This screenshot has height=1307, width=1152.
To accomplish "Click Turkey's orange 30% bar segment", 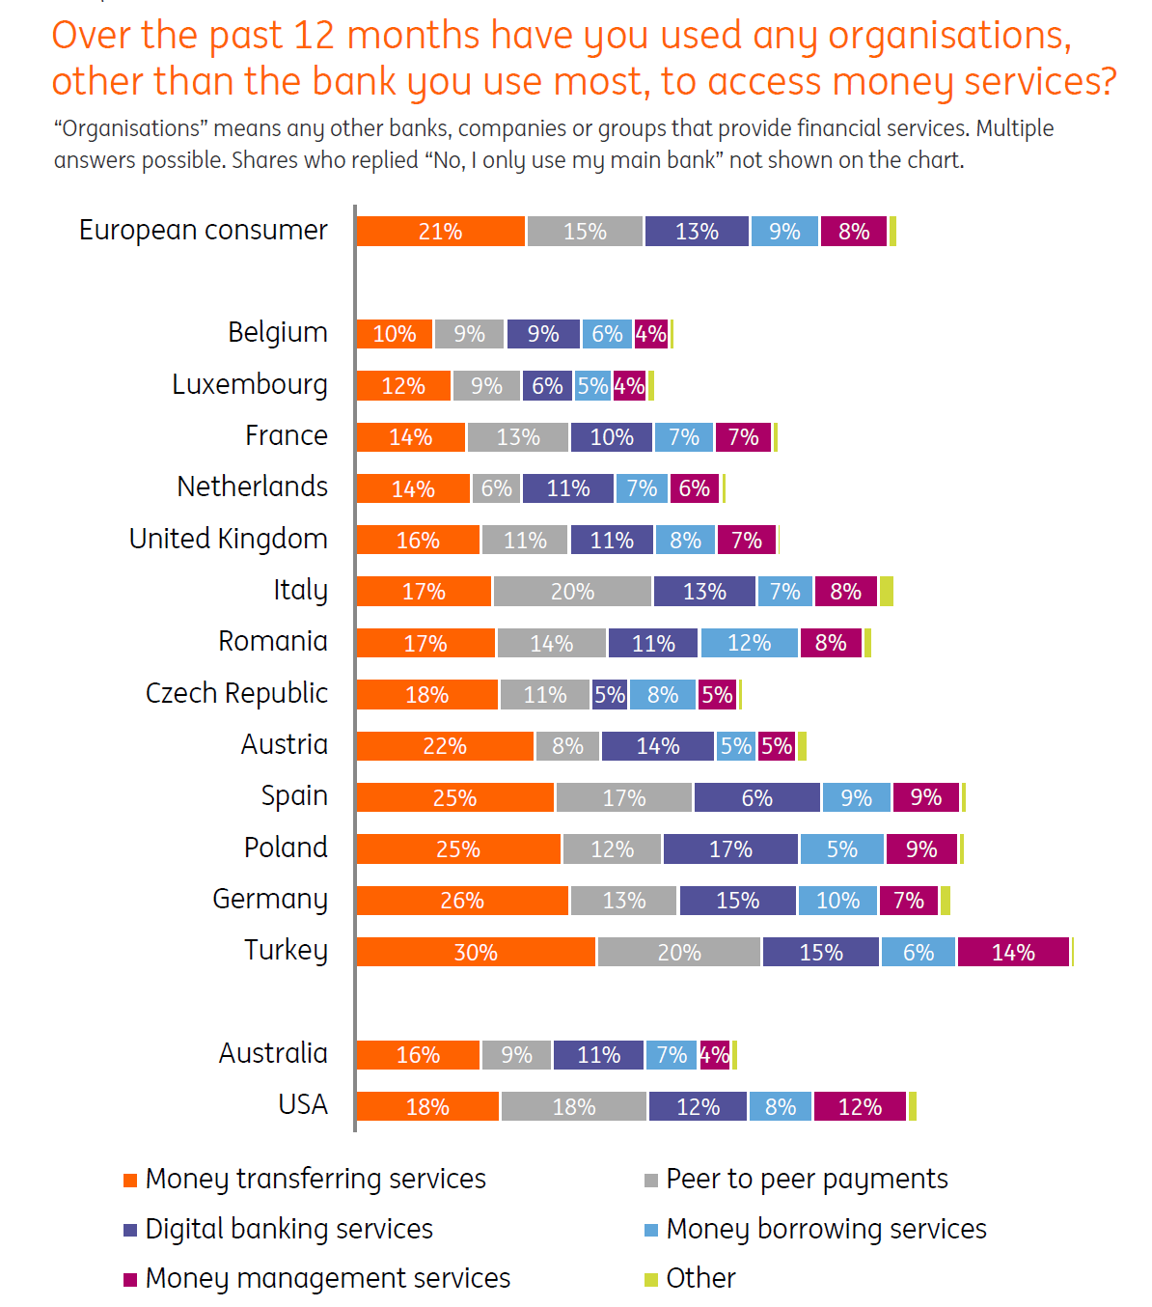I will coord(476,952).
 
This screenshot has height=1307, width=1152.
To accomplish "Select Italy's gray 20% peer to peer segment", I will coord(572,592).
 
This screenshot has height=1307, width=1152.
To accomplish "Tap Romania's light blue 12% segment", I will coord(750,643).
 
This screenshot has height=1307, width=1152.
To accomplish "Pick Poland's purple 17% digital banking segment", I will coord(730,849).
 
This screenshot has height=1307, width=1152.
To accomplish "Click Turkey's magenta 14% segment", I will coord(1013,952).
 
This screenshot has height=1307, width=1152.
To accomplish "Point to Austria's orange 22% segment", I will coord(445,746).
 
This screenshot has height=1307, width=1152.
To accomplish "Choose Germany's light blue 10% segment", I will coord(837,901).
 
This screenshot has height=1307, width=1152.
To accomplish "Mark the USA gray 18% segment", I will coord(574,1106).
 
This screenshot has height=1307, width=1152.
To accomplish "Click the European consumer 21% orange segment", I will coord(440,232).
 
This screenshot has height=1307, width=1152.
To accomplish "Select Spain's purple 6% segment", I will coord(756,798).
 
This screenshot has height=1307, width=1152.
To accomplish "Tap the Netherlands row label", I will coord(252,487).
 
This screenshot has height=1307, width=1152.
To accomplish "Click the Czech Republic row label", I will coord(236,693).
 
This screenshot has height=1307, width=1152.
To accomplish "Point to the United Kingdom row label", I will coord(228,539).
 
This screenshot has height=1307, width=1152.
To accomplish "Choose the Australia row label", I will coord(273,1053).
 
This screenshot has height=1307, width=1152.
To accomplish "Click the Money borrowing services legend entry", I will coord(826,1229).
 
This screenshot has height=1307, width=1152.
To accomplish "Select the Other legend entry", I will coord(700,1278).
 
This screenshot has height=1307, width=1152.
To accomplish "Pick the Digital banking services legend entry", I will coord(288,1229).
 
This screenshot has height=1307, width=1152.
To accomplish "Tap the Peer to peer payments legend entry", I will coord(807,1179).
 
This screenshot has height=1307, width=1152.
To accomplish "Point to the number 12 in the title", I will coord(314,36).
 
